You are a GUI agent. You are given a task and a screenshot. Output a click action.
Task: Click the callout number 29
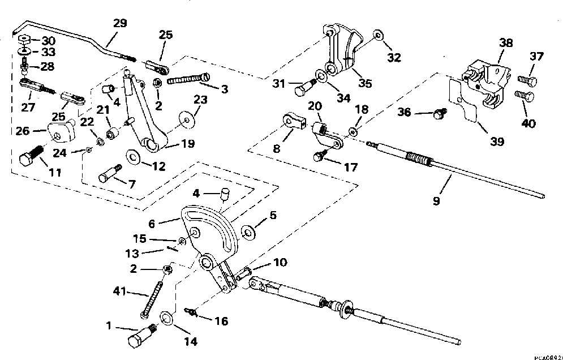tap(120, 23)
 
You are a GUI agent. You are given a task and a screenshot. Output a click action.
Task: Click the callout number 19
tap(188, 144)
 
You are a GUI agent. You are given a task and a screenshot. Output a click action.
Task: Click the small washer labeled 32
tap(378, 35)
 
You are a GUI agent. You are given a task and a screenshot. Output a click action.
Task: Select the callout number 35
tap(365, 83)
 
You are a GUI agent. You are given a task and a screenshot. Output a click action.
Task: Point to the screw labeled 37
tap(527, 80)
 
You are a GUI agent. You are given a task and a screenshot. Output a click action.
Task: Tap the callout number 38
tap(506, 43)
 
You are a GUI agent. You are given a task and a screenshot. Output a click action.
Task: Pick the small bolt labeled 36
tap(440, 114)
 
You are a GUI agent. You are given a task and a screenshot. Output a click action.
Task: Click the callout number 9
tap(436, 201)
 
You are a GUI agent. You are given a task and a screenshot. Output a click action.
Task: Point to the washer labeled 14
tap(166, 318)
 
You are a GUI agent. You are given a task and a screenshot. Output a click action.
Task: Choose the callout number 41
tap(119, 290)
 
